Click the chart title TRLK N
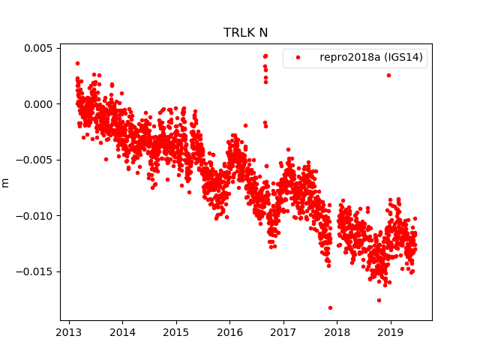tap(245, 33)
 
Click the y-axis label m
tap(6, 182)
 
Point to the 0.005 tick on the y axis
tap(37, 48)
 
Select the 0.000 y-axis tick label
tap(37, 104)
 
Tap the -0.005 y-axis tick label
tap(35, 160)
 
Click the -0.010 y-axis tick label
tap(35, 216)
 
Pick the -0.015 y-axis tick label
tap(35, 271)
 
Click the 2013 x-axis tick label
tap(70, 332)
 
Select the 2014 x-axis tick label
tap(123, 332)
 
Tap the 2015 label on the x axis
tap(176, 332)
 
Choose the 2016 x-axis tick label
tap(229, 332)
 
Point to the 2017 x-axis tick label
tap(283, 332)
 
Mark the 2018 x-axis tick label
tap(337, 332)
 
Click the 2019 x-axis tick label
tap(390, 332)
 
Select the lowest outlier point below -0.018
tap(330, 307)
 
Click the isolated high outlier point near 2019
tap(388, 75)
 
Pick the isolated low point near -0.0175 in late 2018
tap(379, 300)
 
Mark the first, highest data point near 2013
tap(77, 63)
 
